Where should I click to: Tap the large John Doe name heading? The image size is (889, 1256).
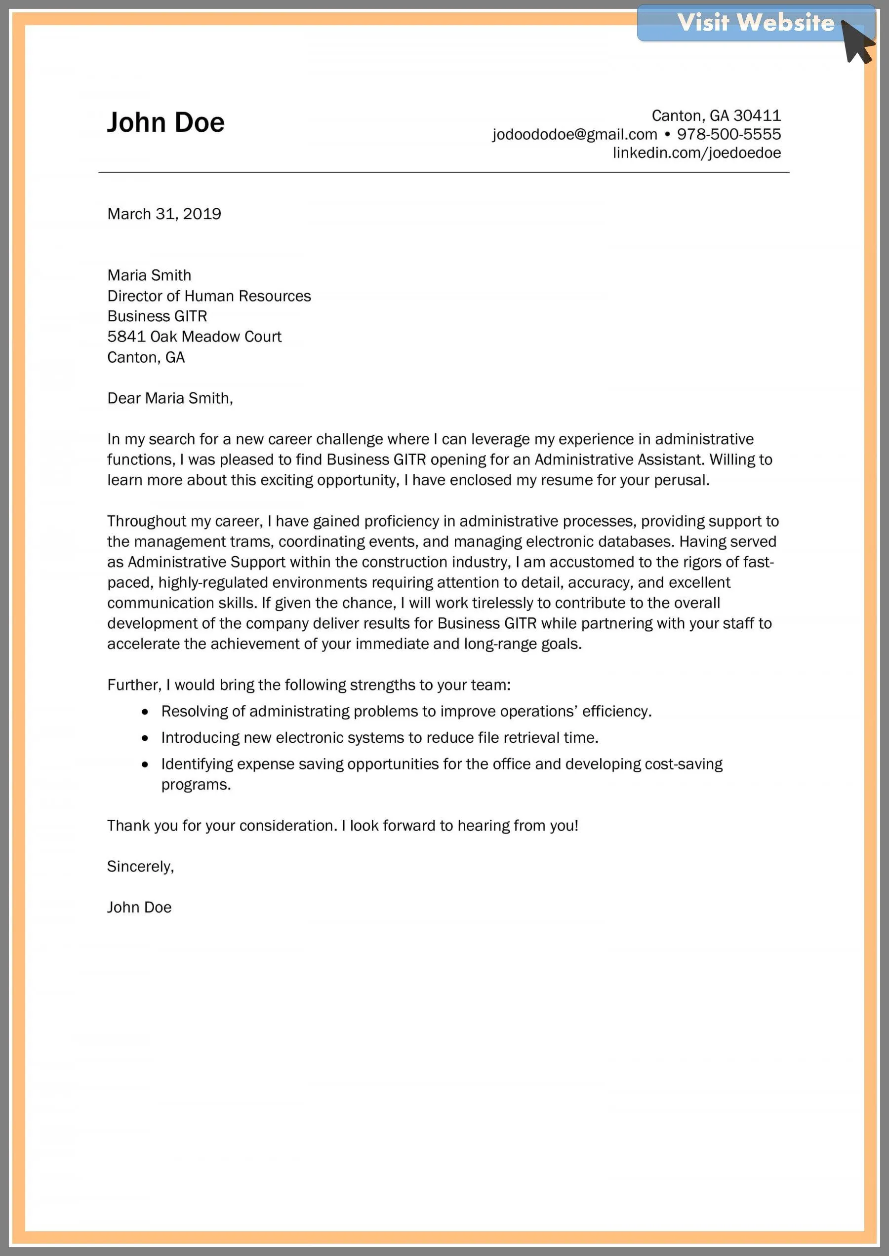point(165,122)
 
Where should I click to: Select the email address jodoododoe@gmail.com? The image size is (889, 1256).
point(574,135)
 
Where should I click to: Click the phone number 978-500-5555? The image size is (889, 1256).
point(728,135)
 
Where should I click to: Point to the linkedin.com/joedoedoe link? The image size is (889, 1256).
point(696,153)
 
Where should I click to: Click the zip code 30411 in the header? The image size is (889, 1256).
point(757,116)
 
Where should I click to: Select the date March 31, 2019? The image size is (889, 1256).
point(164,214)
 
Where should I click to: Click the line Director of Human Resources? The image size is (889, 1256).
point(208,296)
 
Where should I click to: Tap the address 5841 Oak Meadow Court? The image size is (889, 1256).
point(194,337)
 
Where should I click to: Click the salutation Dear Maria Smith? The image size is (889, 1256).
point(170,398)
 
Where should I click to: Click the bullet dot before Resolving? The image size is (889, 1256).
point(145,712)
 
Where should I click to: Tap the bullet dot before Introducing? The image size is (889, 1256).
point(145,738)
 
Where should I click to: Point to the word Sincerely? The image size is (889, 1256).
point(140,867)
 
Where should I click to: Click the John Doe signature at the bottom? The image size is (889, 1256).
point(139,908)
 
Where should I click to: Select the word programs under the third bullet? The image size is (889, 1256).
point(195,785)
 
